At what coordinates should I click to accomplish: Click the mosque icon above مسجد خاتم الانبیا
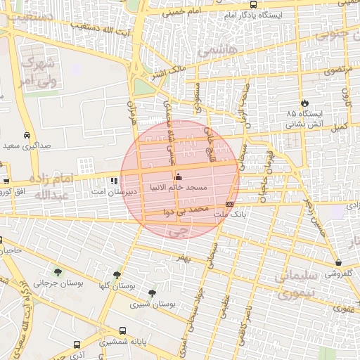(177, 176)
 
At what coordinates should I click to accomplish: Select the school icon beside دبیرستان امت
(114, 181)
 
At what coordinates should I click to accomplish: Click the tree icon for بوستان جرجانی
(57, 272)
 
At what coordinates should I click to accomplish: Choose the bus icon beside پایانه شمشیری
(123, 330)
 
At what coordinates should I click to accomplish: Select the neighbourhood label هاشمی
(217, 49)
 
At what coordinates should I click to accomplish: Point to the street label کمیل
(340, 127)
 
